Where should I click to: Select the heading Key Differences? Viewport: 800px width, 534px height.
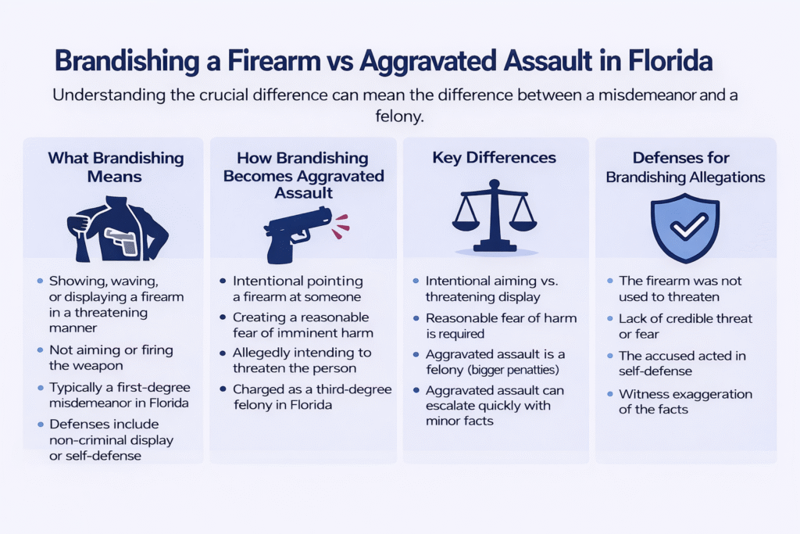pyautogui.click(x=494, y=157)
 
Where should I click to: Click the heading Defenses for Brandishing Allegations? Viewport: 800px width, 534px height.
pyautogui.click(x=686, y=167)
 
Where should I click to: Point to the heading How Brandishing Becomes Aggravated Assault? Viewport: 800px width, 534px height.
pyautogui.click(x=303, y=176)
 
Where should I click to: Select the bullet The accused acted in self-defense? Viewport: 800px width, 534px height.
pyautogui.click(x=682, y=363)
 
